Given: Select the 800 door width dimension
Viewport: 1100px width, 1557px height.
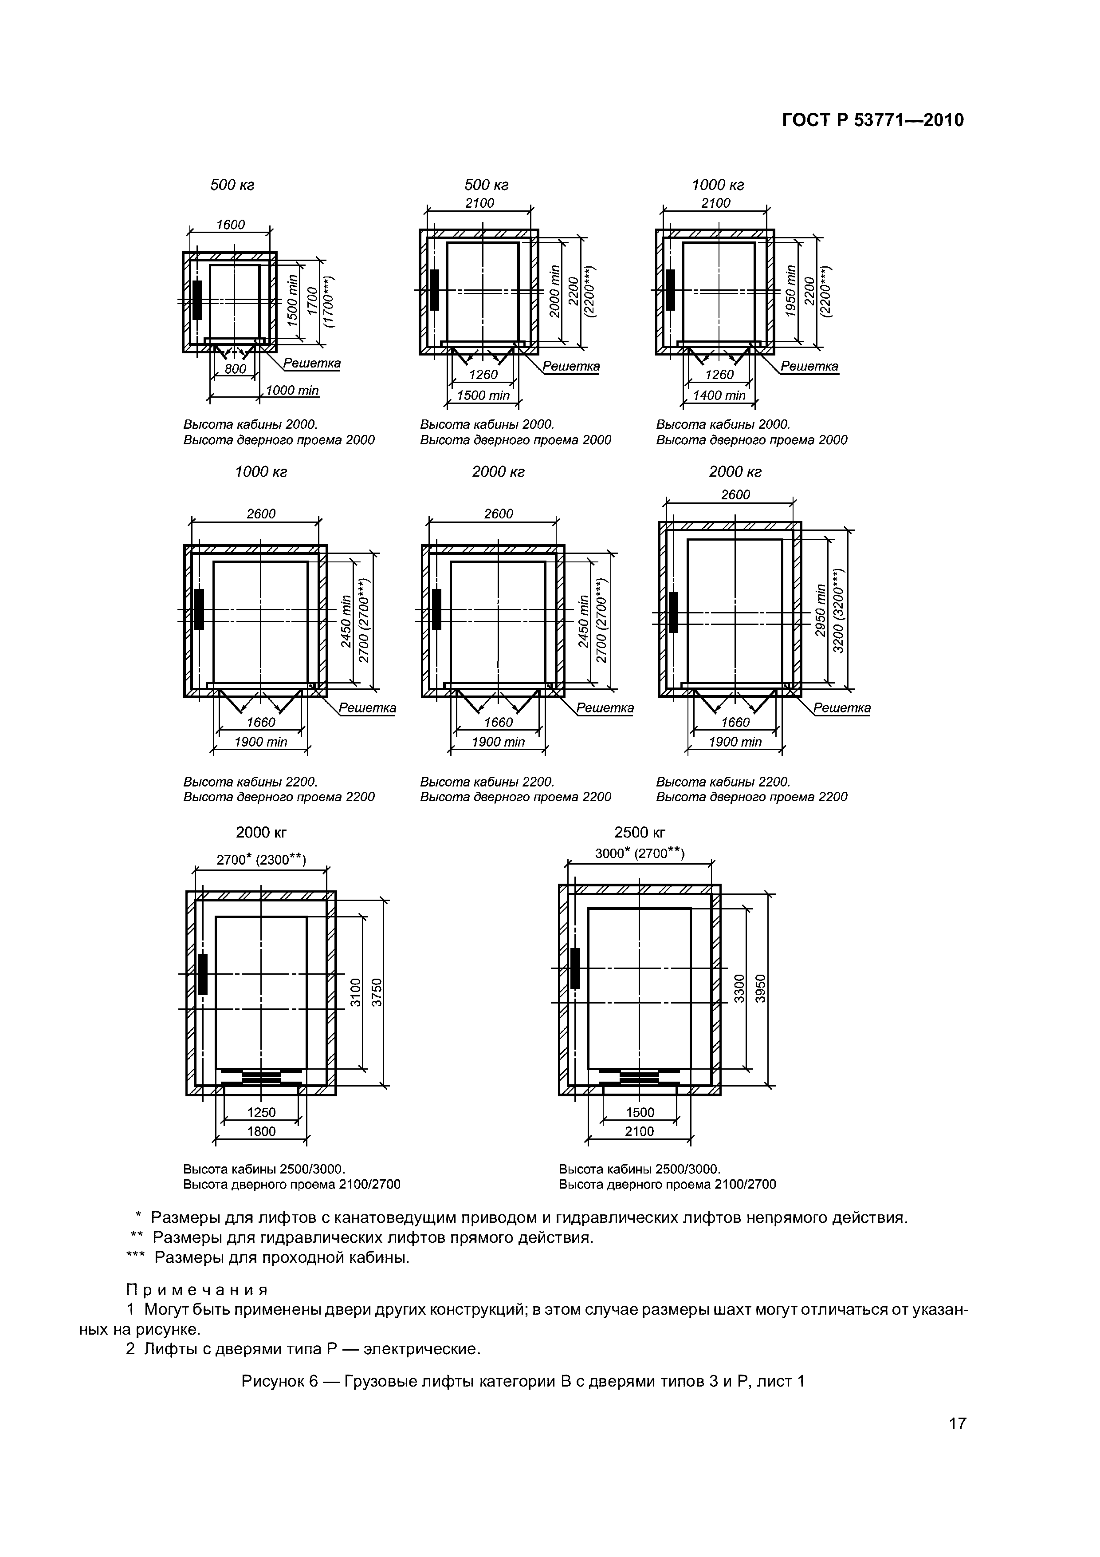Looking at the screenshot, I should click(235, 369).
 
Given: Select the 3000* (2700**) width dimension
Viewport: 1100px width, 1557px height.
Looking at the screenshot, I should click(639, 853).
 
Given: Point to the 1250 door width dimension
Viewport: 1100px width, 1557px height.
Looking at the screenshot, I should click(261, 1112).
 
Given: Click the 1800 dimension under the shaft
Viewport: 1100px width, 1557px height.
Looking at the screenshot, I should click(261, 1131).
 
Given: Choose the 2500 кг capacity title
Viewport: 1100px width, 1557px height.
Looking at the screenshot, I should click(639, 832).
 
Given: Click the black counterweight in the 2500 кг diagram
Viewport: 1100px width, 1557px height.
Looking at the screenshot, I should click(575, 968).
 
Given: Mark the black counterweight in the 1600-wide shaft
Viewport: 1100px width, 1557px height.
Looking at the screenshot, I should click(197, 300).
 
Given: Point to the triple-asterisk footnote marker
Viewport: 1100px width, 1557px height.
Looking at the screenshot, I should click(136, 1258).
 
